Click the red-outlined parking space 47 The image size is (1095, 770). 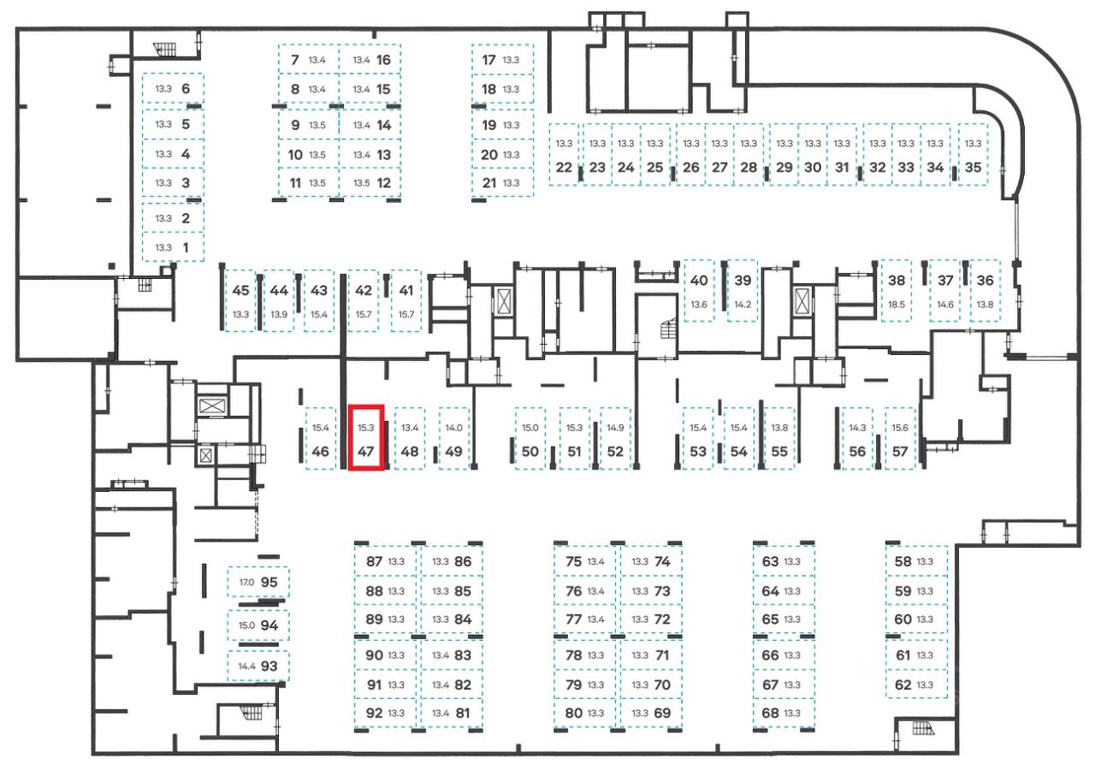367,437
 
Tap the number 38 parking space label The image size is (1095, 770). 897,281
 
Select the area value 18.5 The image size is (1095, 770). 897,305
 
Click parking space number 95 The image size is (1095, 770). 269,582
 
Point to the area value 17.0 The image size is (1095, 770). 246,583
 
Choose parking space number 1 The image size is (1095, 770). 186,248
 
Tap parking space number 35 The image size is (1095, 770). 973,168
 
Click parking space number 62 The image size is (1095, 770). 903,684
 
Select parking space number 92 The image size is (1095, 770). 374,713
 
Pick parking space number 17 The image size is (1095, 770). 489,60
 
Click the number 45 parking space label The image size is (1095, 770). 240,290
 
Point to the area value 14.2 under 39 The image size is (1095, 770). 743,305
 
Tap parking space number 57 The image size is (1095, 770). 899,452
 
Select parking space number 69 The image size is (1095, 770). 662,713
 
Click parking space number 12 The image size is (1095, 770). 383,182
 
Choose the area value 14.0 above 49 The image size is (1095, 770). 453,428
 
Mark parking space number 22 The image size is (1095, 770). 563,168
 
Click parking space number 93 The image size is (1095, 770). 269,666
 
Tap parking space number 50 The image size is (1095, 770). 530,452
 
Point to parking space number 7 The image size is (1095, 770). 294,60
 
